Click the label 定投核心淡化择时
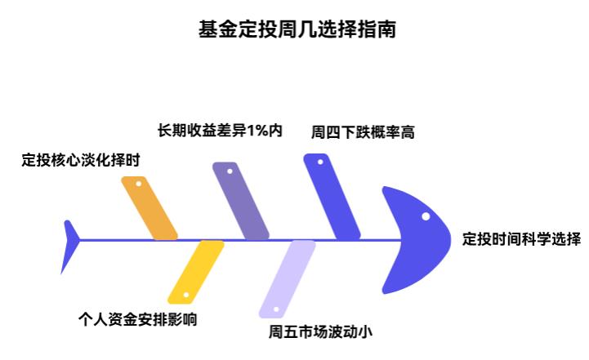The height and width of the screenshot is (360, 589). click(80, 160)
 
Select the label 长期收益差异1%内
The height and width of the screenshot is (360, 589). click(220, 131)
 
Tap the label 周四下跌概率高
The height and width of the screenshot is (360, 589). click(363, 131)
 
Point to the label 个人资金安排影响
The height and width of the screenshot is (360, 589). click(138, 319)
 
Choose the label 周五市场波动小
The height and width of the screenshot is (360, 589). click(320, 331)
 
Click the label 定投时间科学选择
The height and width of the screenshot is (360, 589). click(520, 239)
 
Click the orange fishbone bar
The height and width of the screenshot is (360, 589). click(149, 208)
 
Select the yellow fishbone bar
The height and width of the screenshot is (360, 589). click(195, 272)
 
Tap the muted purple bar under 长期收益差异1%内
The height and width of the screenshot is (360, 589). click(241, 201)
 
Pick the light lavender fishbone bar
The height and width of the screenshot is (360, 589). click(288, 278)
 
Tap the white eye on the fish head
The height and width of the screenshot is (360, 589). click(426, 216)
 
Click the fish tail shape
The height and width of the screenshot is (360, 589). click(70, 246)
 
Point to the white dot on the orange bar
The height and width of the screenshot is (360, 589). click(139, 184)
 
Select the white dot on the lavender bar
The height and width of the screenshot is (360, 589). click(276, 309)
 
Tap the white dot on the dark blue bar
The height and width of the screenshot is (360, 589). click(320, 162)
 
